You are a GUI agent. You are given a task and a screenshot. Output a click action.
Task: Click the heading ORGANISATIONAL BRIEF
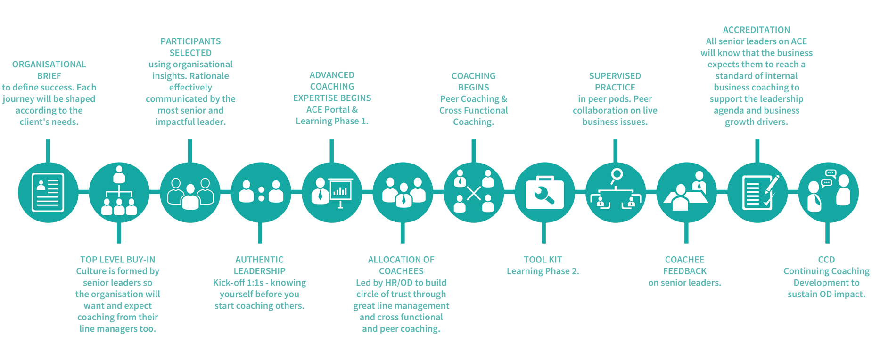[x=49, y=70]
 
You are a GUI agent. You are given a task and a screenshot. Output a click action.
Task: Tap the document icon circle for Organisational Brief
[x=48, y=192]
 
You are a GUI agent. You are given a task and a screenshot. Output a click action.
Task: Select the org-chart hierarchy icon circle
[x=119, y=192]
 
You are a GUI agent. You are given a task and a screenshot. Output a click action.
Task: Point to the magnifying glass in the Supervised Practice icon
[x=616, y=175]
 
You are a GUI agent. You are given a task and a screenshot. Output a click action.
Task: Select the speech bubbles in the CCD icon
[x=828, y=178]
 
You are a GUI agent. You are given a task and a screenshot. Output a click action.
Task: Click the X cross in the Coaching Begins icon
[x=474, y=194]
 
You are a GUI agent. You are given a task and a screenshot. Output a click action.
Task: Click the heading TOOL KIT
[x=543, y=260]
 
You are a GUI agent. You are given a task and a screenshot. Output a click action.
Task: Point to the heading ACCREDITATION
[x=756, y=30]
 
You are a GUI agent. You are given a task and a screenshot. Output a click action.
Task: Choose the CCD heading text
[x=826, y=260]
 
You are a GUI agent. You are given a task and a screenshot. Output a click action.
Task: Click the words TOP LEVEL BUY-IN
[x=117, y=260]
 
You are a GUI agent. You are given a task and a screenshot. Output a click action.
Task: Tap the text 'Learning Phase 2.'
[x=543, y=271]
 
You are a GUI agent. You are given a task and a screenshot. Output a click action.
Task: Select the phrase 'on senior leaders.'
[x=684, y=283]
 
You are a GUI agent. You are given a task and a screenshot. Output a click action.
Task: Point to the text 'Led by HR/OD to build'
[x=401, y=283]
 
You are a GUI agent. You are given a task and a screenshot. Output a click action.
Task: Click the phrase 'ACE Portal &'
[x=332, y=110]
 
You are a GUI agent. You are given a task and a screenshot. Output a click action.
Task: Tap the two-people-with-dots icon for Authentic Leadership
[x=261, y=192]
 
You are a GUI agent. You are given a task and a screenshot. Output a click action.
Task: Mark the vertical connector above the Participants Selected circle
[x=190, y=151]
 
